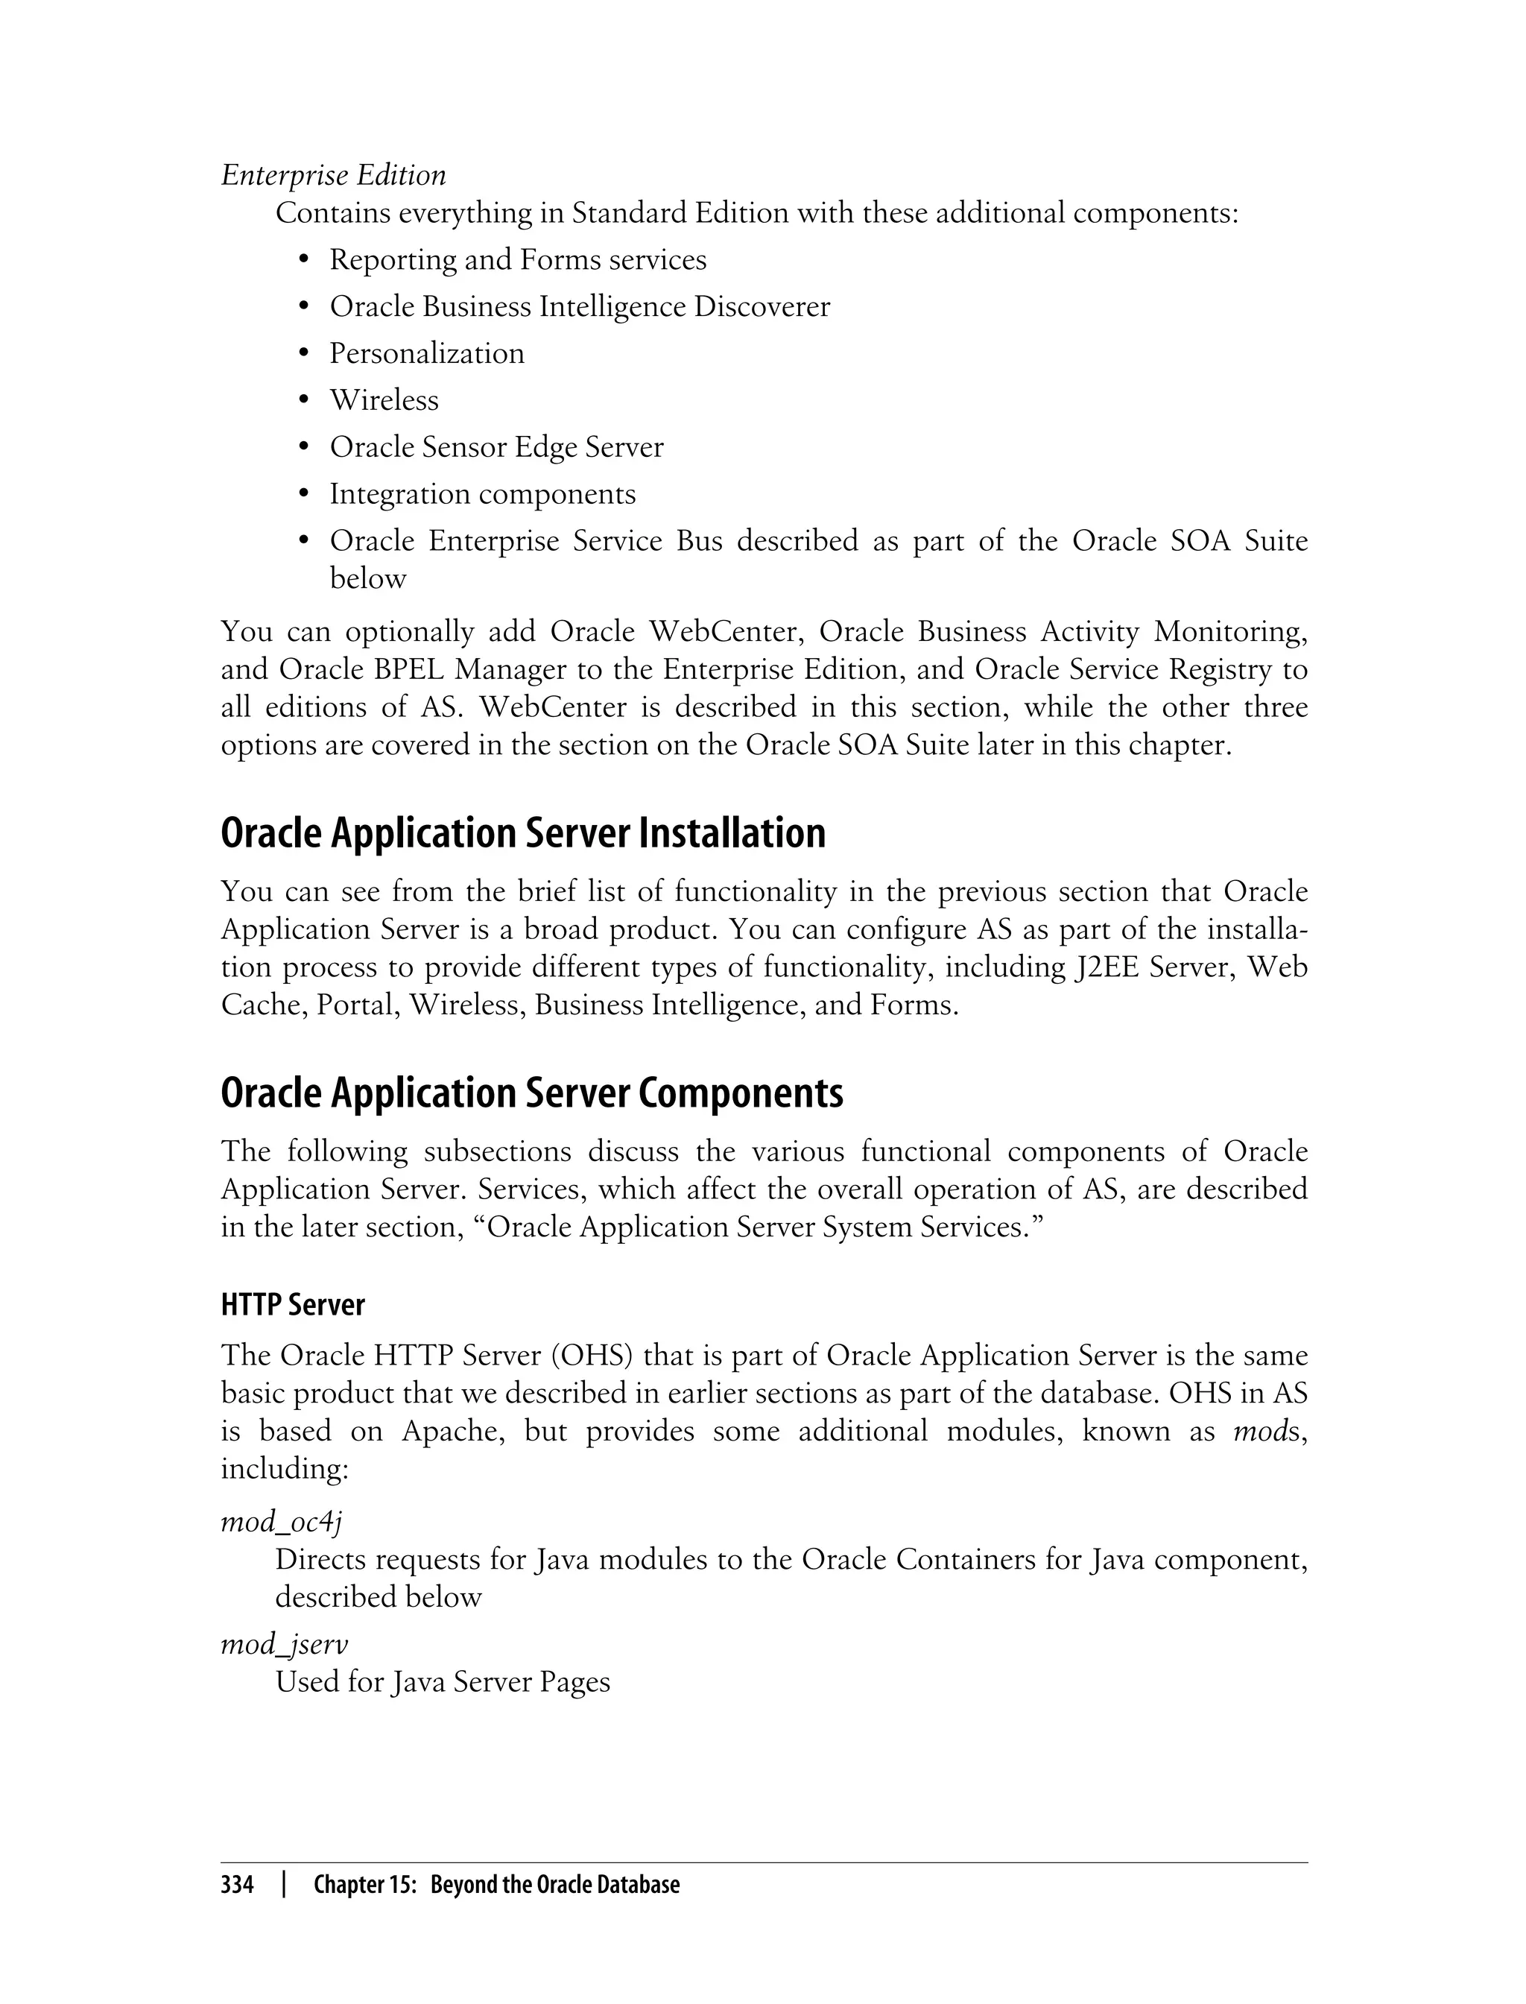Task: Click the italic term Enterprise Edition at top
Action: [333, 174]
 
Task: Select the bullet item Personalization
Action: [426, 353]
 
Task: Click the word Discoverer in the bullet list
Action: [762, 307]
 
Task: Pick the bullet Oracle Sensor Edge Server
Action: [496, 447]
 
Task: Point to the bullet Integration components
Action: [482, 494]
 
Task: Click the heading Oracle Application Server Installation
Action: [523, 833]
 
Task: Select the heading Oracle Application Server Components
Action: [531, 1092]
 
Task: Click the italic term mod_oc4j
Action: [281, 1521]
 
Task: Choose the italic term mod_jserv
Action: [285, 1643]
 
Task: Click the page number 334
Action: [237, 1885]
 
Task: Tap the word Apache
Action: [453, 1432]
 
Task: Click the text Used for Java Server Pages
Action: [443, 1681]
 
